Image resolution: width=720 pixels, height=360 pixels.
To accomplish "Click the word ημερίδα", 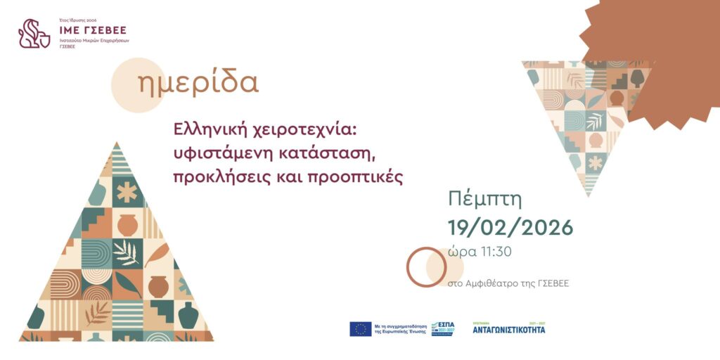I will (x=199, y=84).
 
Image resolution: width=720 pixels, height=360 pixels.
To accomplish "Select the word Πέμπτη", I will (x=485, y=200).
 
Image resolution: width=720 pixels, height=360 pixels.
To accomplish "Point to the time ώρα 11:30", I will (x=480, y=252).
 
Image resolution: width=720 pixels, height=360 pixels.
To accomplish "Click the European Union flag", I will (x=361, y=328).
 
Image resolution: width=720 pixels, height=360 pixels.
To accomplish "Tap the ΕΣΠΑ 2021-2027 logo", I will (x=443, y=328).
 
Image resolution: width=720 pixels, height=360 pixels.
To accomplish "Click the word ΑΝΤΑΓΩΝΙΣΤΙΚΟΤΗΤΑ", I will (x=508, y=329).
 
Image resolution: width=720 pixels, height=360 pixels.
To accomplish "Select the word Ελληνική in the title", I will (x=209, y=130).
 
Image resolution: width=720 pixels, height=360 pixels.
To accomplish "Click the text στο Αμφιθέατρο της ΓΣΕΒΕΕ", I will (x=508, y=283).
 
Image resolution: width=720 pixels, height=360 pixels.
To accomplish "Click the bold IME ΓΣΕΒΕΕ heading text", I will (x=93, y=30).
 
